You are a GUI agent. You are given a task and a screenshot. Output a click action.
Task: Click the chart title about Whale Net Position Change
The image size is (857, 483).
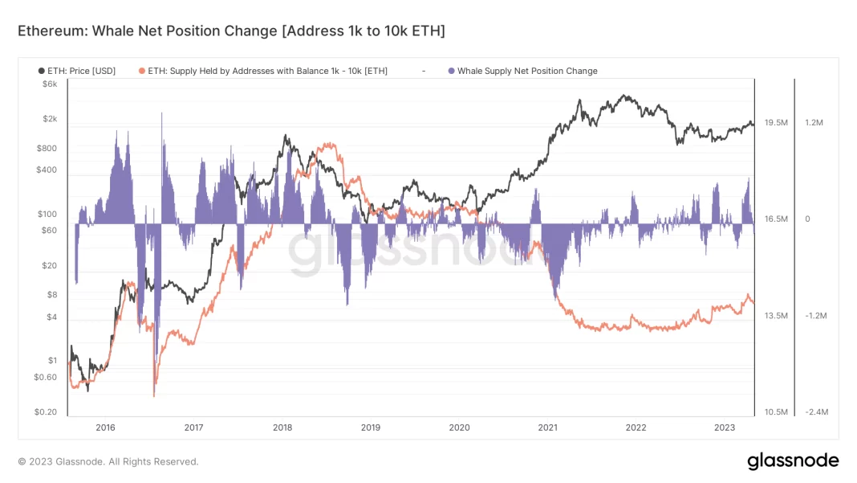coord(231,31)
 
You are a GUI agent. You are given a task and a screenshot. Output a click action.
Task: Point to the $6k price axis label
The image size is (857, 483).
coord(50,84)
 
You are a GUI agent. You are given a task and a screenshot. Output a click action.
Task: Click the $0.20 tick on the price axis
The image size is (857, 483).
coord(46,412)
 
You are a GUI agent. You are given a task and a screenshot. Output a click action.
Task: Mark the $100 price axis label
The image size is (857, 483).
coord(47,215)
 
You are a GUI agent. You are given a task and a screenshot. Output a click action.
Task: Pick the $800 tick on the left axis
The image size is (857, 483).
coord(47,149)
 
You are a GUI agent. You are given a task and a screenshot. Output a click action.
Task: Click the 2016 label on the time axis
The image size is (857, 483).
coord(105,428)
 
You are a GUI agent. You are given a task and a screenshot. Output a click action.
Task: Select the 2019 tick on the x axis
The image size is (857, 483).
coord(370,428)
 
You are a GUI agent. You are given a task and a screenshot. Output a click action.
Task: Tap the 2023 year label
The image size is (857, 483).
coord(724,428)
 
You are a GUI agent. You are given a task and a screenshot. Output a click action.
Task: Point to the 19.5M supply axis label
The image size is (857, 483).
coord(776,123)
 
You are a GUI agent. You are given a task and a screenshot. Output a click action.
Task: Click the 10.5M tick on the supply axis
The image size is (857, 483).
coord(776,412)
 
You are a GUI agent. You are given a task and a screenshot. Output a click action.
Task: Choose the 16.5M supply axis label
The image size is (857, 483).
coord(776,219)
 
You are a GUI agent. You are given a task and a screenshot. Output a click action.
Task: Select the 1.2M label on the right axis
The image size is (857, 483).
coord(814,123)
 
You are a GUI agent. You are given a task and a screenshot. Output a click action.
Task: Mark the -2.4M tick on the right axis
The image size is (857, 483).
coord(816,412)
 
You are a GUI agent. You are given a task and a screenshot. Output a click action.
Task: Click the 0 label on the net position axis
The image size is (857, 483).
coord(808,219)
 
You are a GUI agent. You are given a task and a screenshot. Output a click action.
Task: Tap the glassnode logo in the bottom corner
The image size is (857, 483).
coord(793,461)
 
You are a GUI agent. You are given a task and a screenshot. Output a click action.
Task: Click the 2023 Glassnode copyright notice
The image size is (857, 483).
coord(108,462)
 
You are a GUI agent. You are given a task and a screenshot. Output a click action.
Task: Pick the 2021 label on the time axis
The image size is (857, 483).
coord(547,428)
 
